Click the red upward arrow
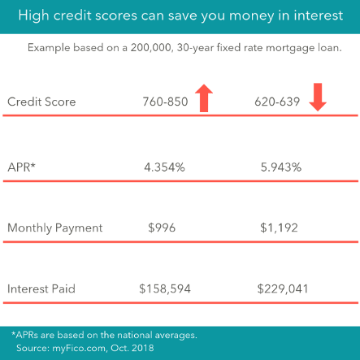pos(204,98)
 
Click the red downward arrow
pos(317,98)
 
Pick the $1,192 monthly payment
pos(279,228)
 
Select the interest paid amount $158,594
pos(165,288)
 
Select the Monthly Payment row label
pos(55,228)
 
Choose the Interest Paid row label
pos(41,288)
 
